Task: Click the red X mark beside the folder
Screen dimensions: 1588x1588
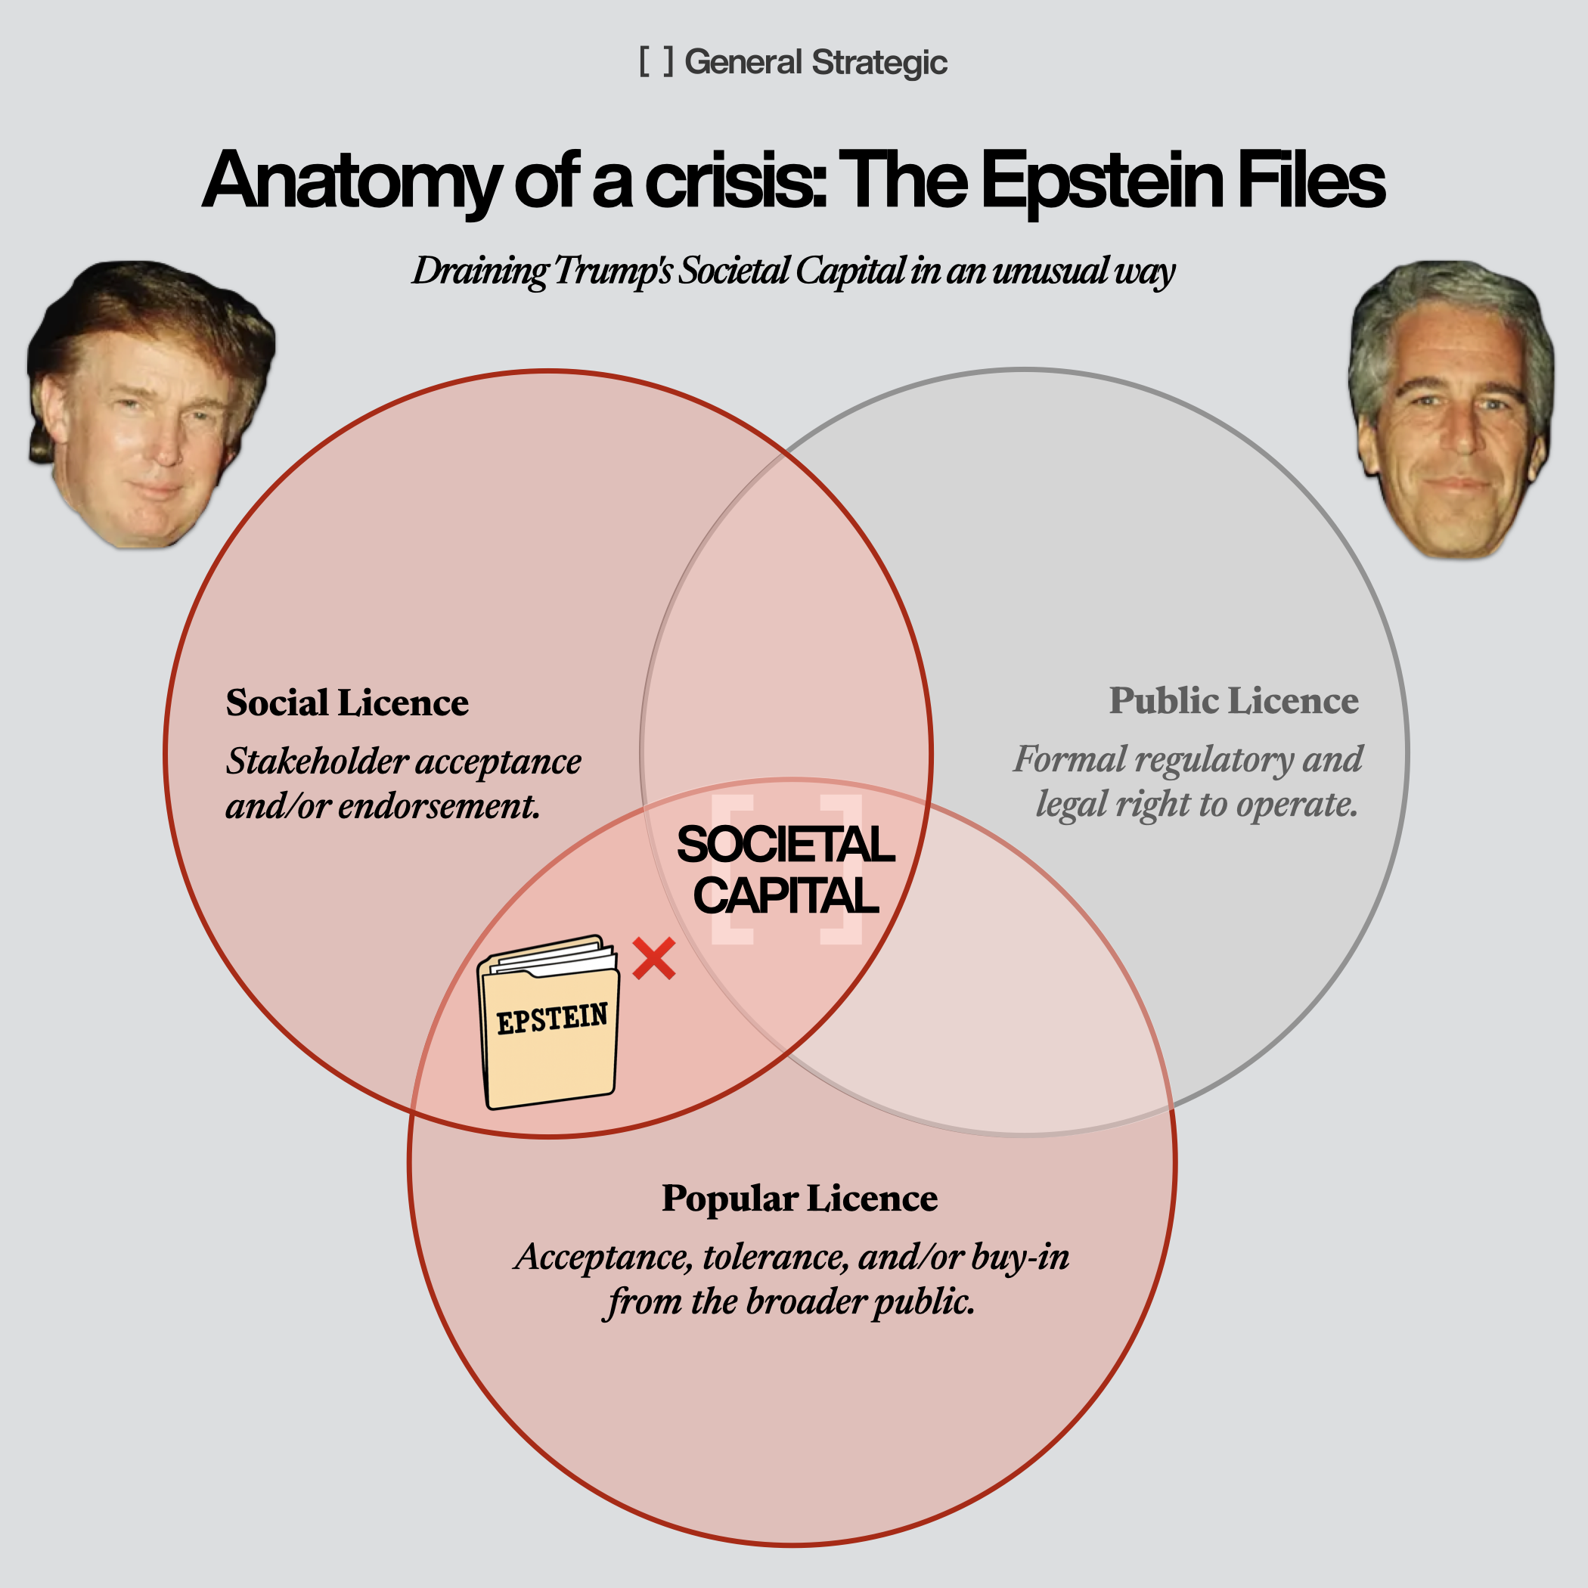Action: click(x=654, y=958)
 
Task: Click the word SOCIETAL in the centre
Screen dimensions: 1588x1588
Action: click(x=785, y=845)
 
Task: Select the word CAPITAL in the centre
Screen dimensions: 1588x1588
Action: click(x=785, y=895)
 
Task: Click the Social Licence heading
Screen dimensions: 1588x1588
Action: click(x=347, y=703)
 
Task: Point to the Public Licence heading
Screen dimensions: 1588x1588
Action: click(x=1233, y=701)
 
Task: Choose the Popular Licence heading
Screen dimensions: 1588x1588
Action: click(x=799, y=1199)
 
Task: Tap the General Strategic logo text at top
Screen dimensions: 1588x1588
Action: click(x=815, y=63)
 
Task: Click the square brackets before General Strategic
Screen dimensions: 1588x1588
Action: click(x=656, y=62)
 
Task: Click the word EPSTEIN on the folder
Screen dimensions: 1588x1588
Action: click(x=551, y=1019)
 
